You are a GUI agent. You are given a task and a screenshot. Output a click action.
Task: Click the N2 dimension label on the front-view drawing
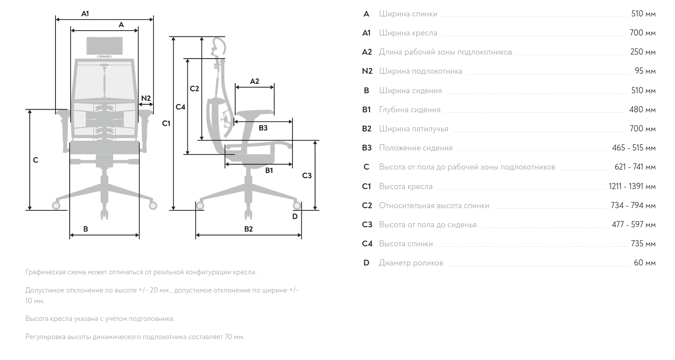[x=146, y=98]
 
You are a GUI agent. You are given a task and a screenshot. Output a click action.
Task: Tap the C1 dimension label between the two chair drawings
[x=166, y=123]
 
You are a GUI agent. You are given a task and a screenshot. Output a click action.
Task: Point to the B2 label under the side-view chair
[x=249, y=229]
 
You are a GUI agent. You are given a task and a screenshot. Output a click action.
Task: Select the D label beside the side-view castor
[x=295, y=216]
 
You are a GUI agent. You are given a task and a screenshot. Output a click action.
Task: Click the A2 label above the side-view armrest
[x=254, y=81]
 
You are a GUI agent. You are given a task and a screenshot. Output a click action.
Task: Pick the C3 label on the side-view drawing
[x=307, y=175]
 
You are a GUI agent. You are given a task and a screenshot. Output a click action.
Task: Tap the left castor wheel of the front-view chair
[x=56, y=205]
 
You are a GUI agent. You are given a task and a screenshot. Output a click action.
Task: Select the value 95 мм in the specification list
[x=645, y=71]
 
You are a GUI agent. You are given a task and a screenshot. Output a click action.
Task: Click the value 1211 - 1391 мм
[x=632, y=186]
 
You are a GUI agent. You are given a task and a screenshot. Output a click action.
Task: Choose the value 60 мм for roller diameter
[x=644, y=263]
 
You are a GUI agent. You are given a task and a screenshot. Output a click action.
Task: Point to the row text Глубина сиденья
[x=410, y=110]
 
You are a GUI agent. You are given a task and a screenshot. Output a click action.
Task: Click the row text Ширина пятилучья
[x=414, y=129]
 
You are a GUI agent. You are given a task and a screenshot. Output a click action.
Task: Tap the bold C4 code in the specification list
[x=367, y=244]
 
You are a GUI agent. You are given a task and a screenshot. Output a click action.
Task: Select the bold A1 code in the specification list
[x=367, y=33]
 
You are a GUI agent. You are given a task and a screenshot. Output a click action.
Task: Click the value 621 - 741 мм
[x=635, y=167]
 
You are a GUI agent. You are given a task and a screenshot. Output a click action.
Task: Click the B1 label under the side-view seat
[x=269, y=170]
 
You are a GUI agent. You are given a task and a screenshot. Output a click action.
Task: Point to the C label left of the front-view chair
[x=36, y=160]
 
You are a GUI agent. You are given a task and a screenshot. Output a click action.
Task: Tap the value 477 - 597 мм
[x=633, y=225]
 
